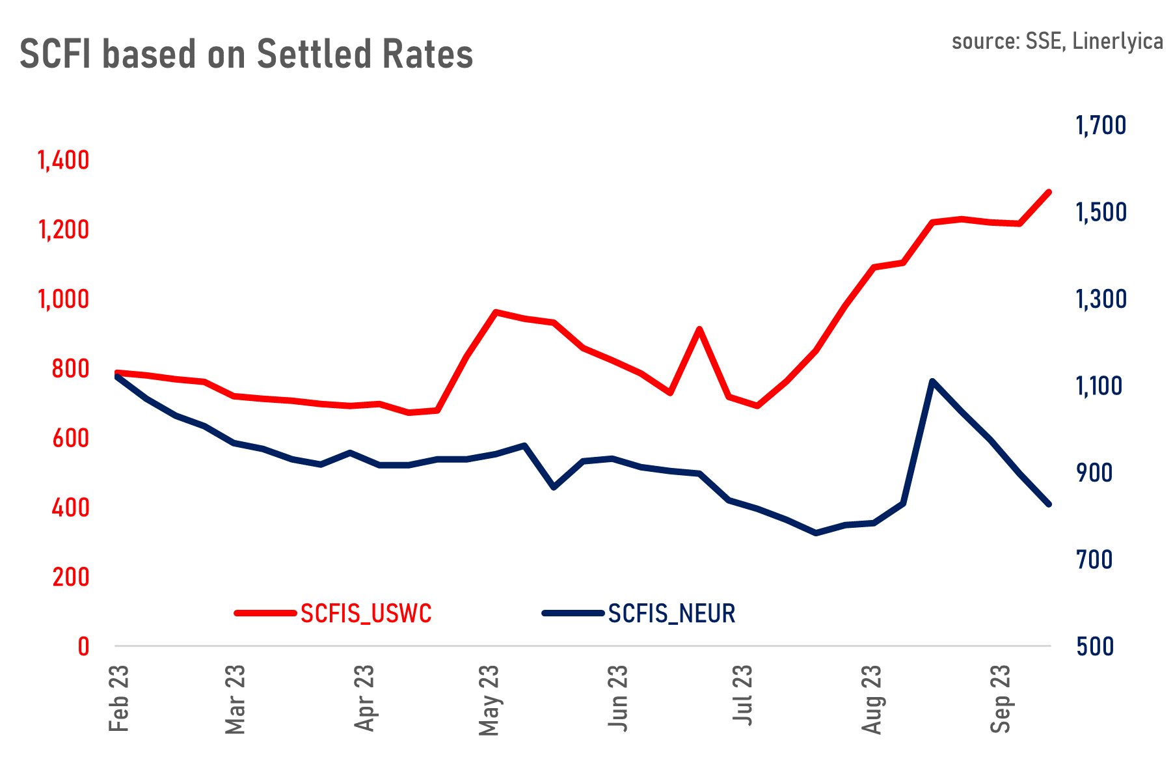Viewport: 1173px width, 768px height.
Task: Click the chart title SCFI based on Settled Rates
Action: (x=246, y=54)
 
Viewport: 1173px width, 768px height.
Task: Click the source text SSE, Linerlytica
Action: (x=1057, y=41)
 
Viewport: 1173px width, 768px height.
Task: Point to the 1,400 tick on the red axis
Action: (x=63, y=160)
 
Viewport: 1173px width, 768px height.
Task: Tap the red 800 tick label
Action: (x=70, y=369)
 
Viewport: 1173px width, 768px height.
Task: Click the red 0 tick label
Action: (x=83, y=647)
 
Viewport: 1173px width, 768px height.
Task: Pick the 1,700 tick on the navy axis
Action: (x=1101, y=125)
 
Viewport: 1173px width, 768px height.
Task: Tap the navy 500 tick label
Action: (x=1094, y=647)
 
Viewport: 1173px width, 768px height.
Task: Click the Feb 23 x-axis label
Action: (x=119, y=698)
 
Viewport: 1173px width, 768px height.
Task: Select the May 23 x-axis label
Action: (x=489, y=700)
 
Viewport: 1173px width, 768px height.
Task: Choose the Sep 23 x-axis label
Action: (x=1001, y=699)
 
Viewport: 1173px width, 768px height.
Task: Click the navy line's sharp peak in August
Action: (x=932, y=381)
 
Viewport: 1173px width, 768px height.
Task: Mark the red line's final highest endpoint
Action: (x=1049, y=191)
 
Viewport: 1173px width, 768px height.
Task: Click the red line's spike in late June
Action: (x=699, y=329)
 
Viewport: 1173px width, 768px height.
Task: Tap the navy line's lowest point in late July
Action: (x=816, y=533)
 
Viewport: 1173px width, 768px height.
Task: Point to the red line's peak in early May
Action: (x=495, y=312)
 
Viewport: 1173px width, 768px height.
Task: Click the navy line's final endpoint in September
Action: (x=1049, y=504)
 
